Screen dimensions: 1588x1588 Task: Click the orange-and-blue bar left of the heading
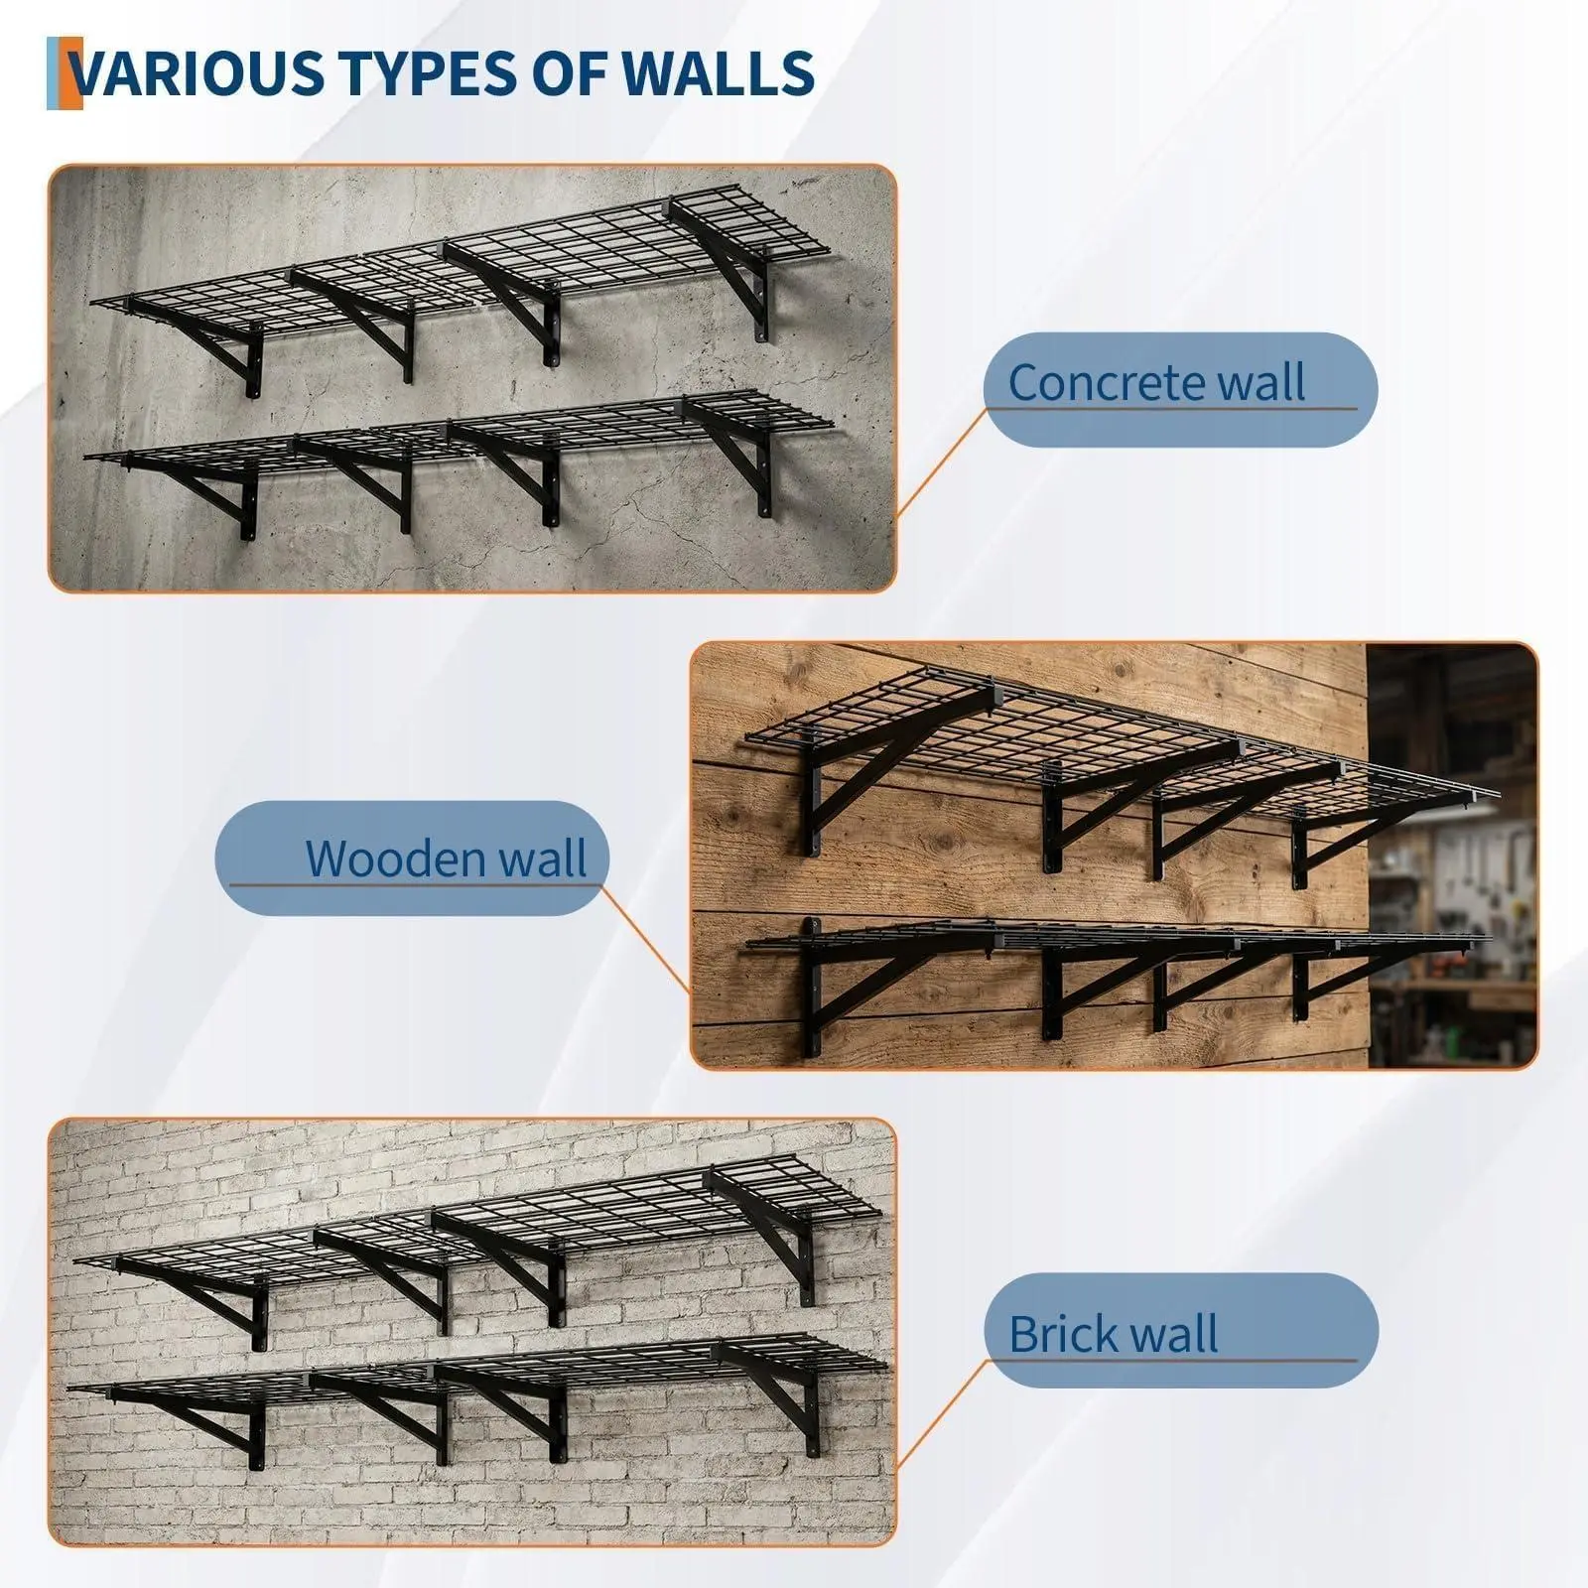pos(65,73)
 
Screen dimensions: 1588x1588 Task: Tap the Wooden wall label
pos(413,858)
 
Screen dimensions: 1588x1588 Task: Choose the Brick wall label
pos(1181,1331)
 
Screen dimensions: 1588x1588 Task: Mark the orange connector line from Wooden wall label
pos(646,938)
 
